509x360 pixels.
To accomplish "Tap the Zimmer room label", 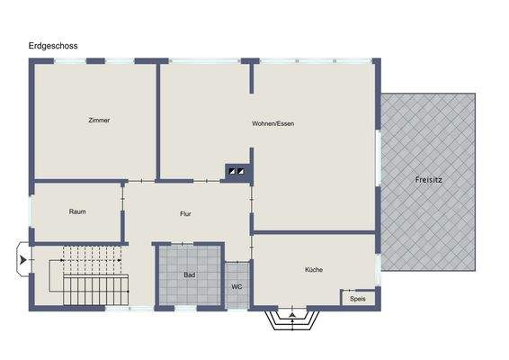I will (x=99, y=121).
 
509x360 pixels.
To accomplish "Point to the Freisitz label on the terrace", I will (x=428, y=180).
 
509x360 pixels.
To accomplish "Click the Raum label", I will (x=77, y=212).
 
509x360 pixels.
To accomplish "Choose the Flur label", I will (x=185, y=214).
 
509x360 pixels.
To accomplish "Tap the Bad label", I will (x=190, y=274).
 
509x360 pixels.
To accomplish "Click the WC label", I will (x=237, y=287).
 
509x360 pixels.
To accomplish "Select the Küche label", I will (x=314, y=269).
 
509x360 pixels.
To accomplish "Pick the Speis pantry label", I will (x=357, y=299).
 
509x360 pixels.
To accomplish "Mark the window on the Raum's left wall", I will (x=31, y=212).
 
